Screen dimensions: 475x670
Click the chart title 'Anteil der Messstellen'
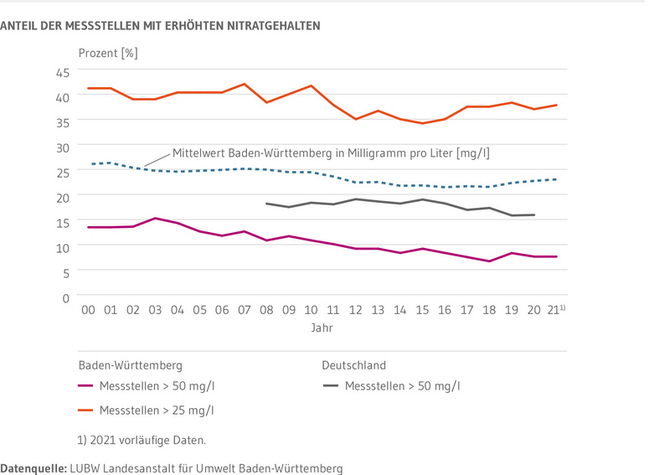tap(160, 26)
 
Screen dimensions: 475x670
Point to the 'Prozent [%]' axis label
tap(108, 53)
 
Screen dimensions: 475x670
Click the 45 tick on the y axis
tap(63, 73)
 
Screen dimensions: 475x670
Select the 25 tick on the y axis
tap(63, 173)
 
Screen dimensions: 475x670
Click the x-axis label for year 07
tap(244, 310)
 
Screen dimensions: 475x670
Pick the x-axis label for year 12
tap(355, 310)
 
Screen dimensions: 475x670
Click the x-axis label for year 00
tap(88, 310)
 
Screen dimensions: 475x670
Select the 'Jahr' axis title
tap(322, 328)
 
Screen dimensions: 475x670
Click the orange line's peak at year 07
tap(244, 84)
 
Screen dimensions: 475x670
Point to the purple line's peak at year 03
tap(155, 218)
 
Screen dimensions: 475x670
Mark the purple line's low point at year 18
tap(489, 261)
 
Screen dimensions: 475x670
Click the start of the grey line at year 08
tap(266, 204)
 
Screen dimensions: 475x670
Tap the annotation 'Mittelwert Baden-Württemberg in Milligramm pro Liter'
tap(331, 153)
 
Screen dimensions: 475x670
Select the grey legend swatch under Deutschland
tap(330, 386)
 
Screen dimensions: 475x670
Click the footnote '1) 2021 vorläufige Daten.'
tap(140, 440)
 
